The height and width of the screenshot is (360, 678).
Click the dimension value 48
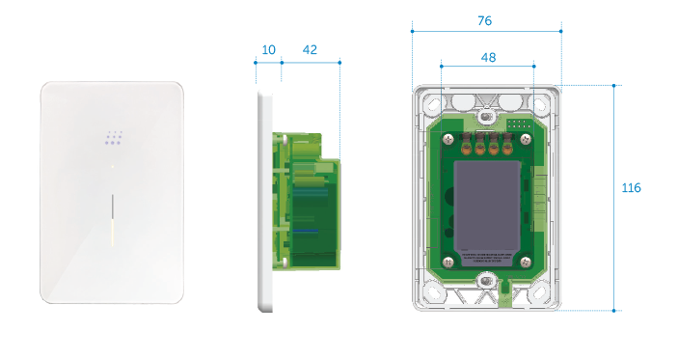tap(487, 58)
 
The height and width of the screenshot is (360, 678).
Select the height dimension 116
tap(632, 187)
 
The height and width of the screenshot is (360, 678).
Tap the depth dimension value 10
tap(268, 49)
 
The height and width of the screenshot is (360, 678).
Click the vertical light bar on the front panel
tap(113, 218)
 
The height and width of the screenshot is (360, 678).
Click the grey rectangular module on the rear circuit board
tap(487, 201)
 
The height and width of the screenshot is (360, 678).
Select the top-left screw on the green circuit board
tap(447, 137)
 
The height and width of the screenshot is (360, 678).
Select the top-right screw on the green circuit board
tap(527, 137)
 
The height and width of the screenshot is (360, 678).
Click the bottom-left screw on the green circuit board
tap(447, 262)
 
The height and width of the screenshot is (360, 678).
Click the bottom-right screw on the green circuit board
tap(526, 262)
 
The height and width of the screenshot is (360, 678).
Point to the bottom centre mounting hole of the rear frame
tap(487, 282)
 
